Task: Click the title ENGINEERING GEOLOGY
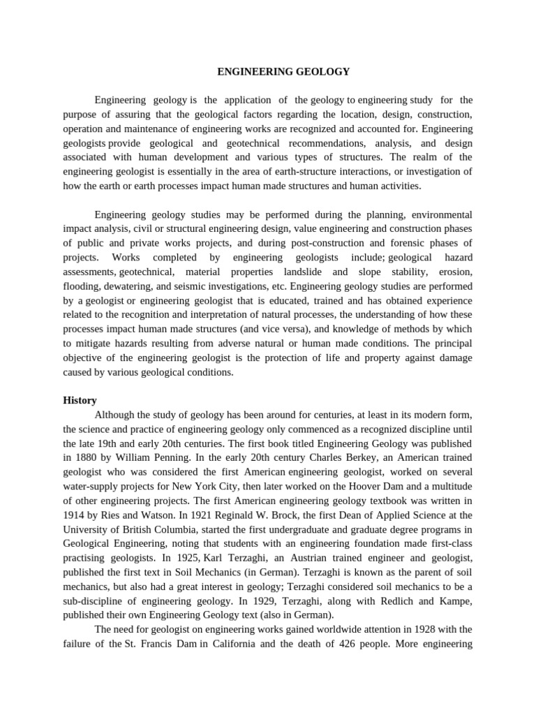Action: [x=283, y=71]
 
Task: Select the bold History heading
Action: [x=80, y=400]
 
